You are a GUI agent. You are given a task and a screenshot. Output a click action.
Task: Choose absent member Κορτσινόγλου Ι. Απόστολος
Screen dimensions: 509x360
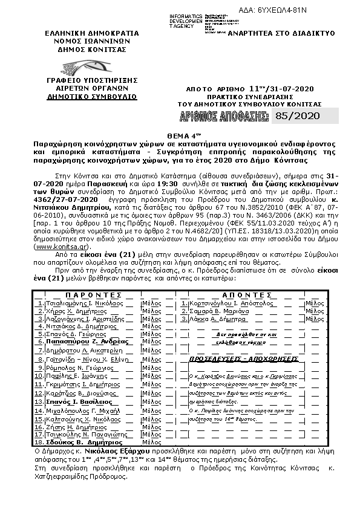click(227, 302)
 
